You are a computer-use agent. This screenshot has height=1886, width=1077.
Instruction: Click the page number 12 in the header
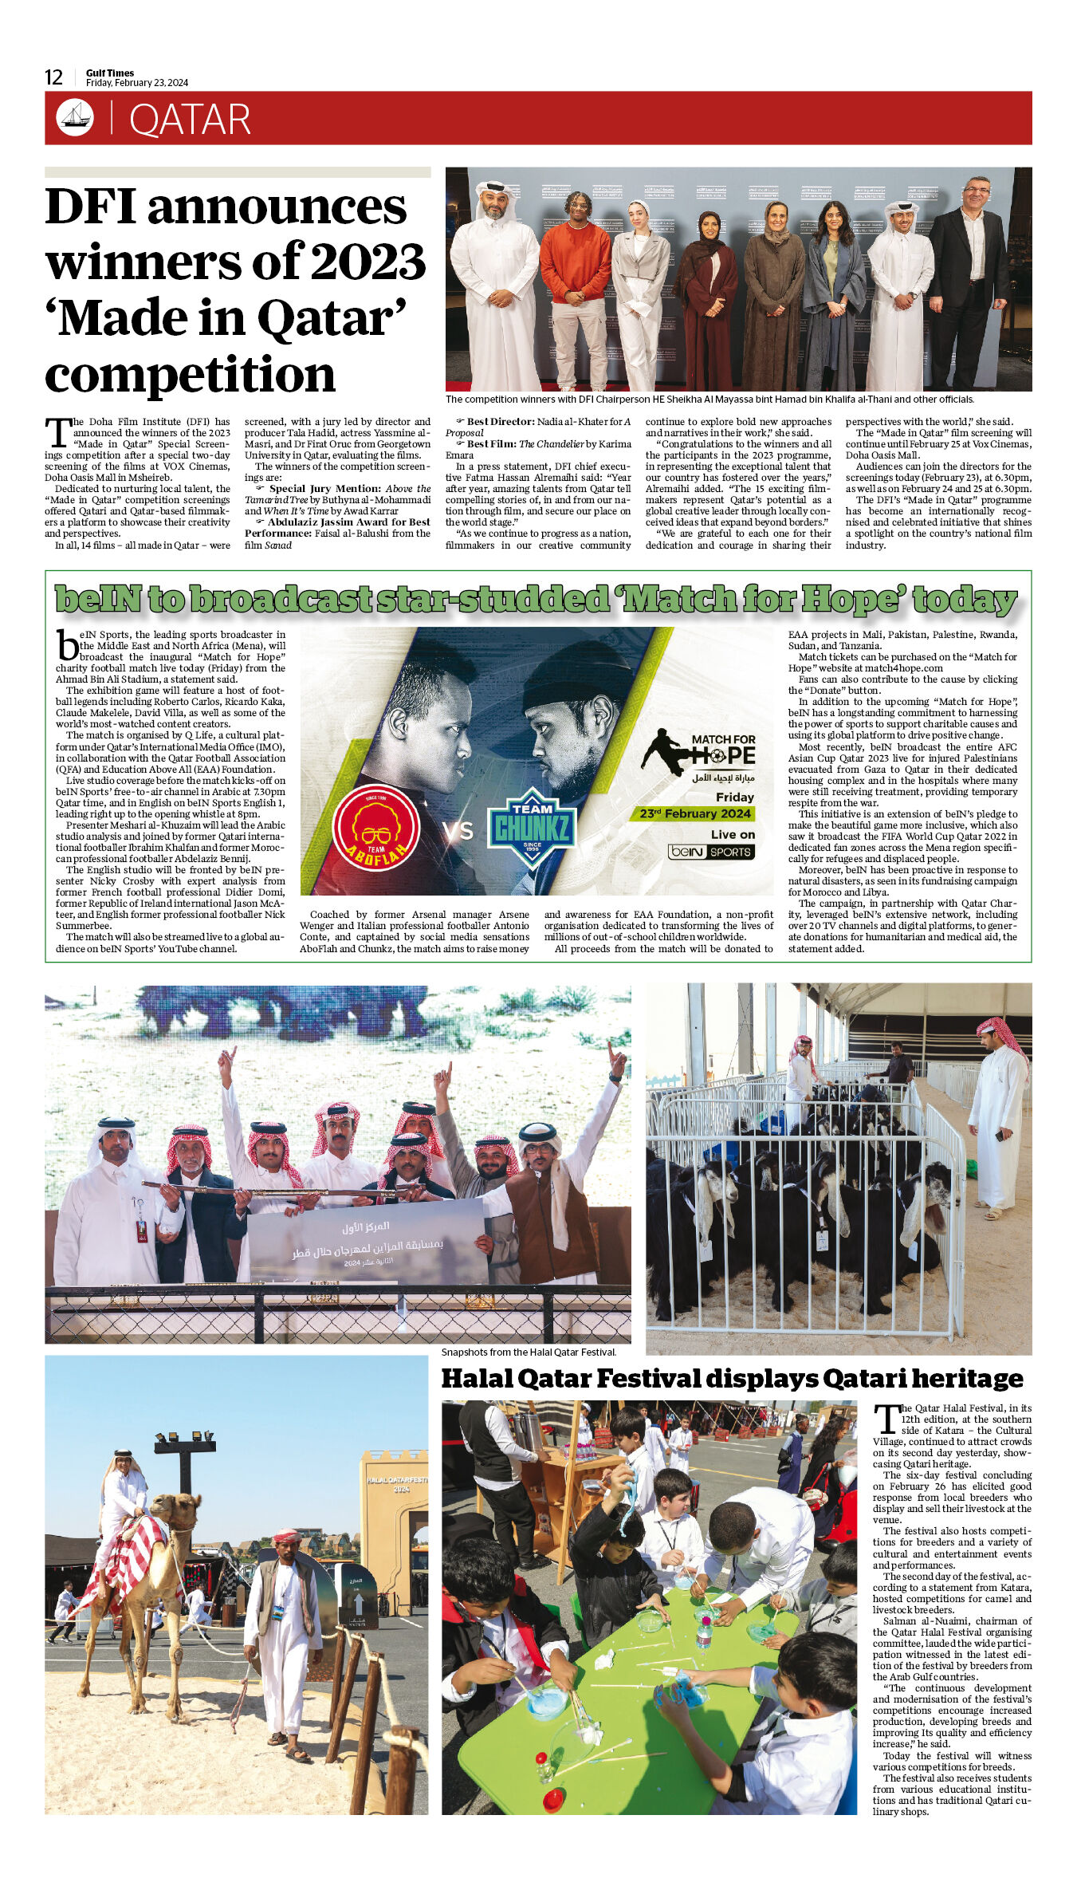pyautogui.click(x=53, y=77)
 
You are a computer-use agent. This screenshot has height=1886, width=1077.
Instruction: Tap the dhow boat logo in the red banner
pyautogui.click(x=75, y=118)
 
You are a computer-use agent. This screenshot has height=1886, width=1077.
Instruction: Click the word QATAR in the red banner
pyautogui.click(x=190, y=120)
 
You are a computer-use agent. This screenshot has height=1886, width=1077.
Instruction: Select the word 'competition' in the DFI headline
pyautogui.click(x=190, y=374)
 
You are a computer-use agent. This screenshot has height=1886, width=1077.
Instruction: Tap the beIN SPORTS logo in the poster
pyautogui.click(x=711, y=852)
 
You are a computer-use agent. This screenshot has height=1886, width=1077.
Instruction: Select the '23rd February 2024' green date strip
pyautogui.click(x=695, y=813)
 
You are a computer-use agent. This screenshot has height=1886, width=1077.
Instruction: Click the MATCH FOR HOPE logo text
pyautogui.click(x=722, y=750)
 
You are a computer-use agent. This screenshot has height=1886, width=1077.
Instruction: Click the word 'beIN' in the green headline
pyautogui.click(x=99, y=599)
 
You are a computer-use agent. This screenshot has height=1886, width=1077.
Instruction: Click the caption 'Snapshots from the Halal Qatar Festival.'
pyautogui.click(x=529, y=1352)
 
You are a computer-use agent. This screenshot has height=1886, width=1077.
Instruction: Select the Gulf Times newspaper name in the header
pyautogui.click(x=110, y=73)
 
